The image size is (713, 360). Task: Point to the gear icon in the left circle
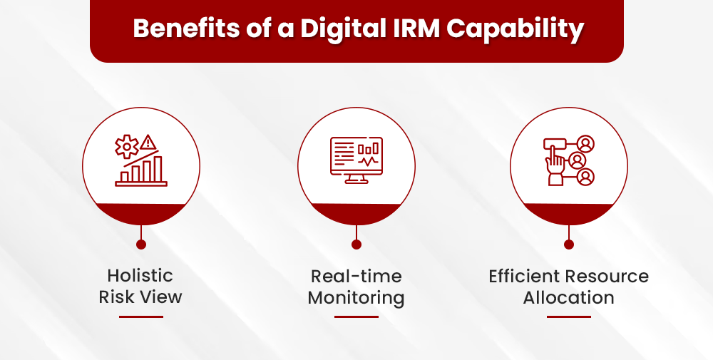(x=127, y=147)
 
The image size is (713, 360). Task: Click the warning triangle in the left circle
(x=149, y=141)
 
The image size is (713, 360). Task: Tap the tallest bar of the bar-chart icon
(x=158, y=169)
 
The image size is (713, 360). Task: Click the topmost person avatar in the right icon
(x=586, y=144)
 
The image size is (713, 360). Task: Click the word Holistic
(x=140, y=275)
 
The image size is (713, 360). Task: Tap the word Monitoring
(x=356, y=297)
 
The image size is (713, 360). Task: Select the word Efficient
(x=525, y=276)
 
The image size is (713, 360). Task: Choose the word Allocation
(x=568, y=297)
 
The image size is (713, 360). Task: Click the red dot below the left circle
(x=141, y=245)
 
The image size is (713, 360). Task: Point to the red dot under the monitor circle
(x=356, y=245)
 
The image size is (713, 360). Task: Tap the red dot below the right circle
(x=569, y=245)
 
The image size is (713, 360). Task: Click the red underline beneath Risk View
(x=141, y=317)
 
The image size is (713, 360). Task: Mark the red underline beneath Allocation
(x=569, y=317)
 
